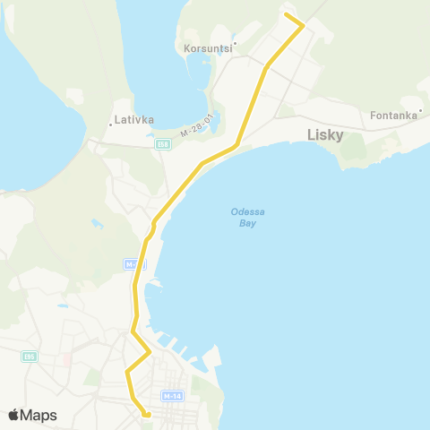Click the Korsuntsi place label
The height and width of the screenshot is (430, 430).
click(207, 48)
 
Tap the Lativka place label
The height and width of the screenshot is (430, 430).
click(134, 118)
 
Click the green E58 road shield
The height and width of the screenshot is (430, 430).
click(162, 143)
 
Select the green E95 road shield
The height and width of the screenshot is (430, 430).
click(30, 357)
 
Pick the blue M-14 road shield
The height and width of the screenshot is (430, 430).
click(173, 395)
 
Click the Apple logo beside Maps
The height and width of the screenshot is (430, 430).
click(14, 415)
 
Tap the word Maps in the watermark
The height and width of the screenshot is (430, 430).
click(39, 415)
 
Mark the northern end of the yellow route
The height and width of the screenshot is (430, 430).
click(286, 13)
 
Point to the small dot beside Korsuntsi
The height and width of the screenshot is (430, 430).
click(235, 42)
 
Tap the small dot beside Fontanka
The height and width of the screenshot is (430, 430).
click(419, 112)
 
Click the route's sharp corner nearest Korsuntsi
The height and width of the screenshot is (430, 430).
click(304, 26)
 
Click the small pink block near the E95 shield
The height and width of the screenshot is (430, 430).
click(67, 360)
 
